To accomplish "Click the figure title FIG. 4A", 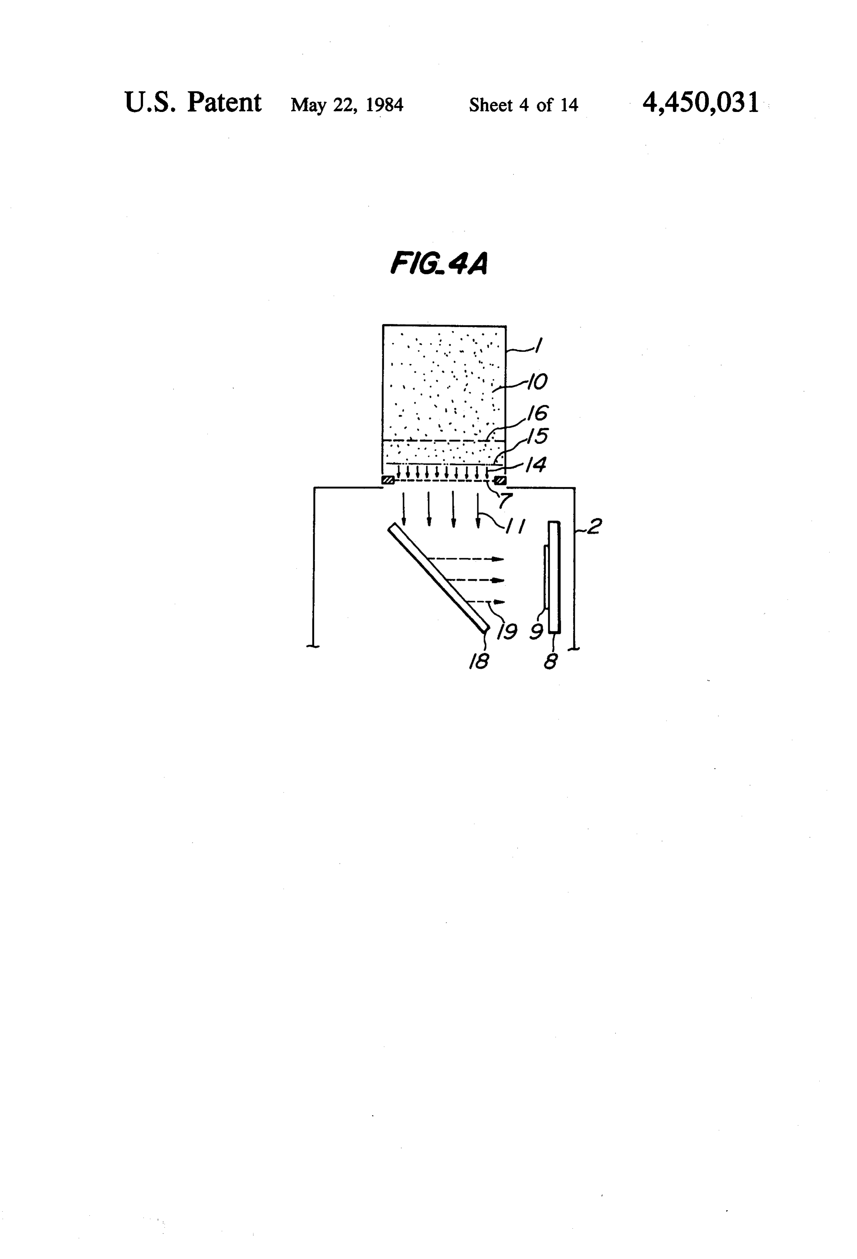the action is coord(439,264).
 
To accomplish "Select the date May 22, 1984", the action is coord(347,105).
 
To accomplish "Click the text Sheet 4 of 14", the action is coord(523,105).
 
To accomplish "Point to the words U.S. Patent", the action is coord(193,102).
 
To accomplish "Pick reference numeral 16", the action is coord(537,413).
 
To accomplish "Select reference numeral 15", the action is coord(537,436).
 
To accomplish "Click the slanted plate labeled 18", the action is coord(439,577).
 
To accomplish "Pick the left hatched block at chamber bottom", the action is coord(388,480).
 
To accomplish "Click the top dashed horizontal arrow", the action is coord(466,559).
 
